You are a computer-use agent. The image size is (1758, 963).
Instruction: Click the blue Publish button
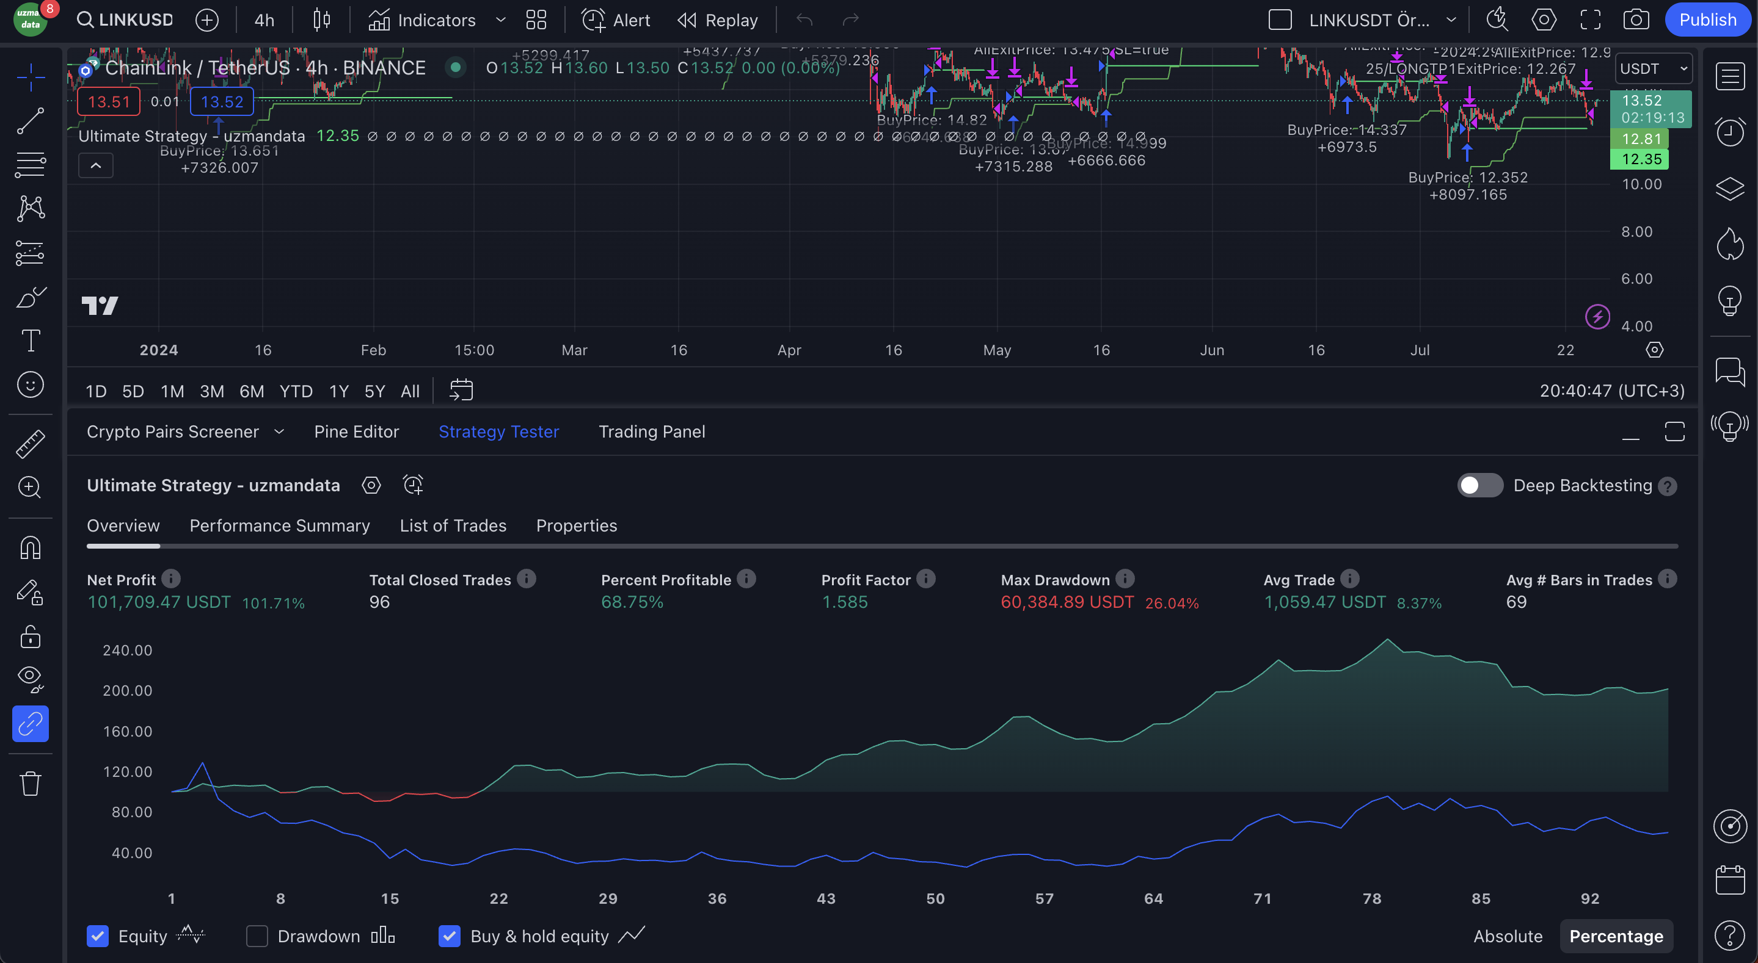coord(1707,20)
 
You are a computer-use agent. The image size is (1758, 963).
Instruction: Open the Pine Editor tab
coord(356,431)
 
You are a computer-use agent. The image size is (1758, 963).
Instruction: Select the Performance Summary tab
coord(279,526)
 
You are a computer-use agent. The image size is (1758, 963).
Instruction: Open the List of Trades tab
coord(453,526)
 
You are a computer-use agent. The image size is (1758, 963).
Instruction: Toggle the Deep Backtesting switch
coord(1479,486)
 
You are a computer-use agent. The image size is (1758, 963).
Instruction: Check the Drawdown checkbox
coord(257,936)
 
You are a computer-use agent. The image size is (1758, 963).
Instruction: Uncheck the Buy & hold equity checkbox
coord(449,936)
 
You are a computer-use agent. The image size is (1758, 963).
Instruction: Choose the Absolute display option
coord(1507,936)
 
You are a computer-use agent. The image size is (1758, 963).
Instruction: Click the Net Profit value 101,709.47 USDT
coord(159,602)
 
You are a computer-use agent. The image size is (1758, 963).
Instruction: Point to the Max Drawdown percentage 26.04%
coord(1171,603)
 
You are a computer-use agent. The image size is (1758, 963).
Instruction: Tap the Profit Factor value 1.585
coord(844,602)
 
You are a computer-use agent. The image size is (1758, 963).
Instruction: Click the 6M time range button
coord(251,391)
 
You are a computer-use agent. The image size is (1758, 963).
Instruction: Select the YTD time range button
coord(296,391)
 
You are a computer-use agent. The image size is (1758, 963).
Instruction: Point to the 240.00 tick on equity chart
coord(128,650)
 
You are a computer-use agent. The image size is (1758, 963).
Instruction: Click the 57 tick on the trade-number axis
coord(1044,898)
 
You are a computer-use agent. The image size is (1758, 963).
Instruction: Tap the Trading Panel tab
coord(651,431)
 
